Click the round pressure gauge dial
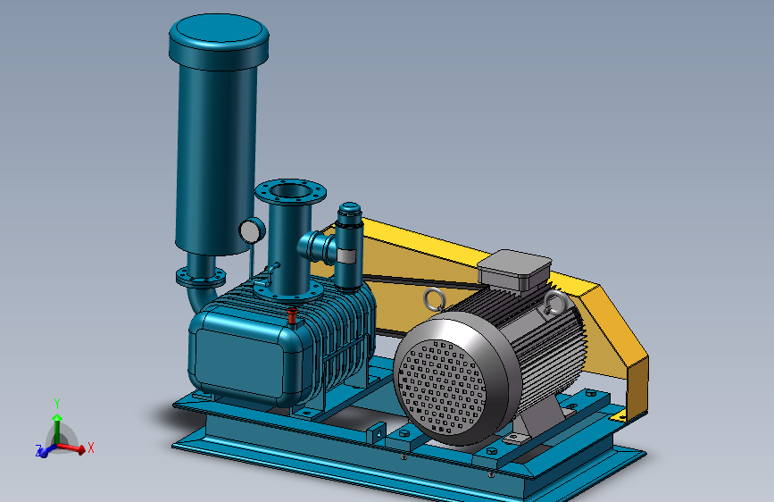[252, 230]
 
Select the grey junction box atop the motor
[514, 269]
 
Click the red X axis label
[91, 448]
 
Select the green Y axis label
[57, 404]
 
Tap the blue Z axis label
[38, 450]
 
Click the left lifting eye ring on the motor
[435, 300]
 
